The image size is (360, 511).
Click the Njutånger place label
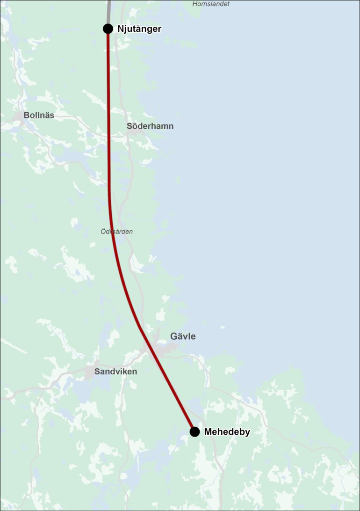click(x=139, y=29)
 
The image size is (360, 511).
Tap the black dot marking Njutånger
click(x=108, y=29)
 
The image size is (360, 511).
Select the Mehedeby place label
click(x=227, y=432)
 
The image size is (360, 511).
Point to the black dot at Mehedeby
click(x=194, y=431)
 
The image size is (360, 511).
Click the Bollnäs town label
click(x=39, y=115)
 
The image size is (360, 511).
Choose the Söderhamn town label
click(x=150, y=126)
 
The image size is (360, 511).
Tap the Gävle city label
click(x=183, y=336)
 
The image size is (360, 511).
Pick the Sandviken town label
click(x=115, y=372)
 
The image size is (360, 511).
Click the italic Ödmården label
click(x=117, y=231)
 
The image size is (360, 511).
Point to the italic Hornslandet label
click(x=211, y=4)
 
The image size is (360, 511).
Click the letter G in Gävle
click(x=174, y=336)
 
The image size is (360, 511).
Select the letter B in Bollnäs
click(x=26, y=115)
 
